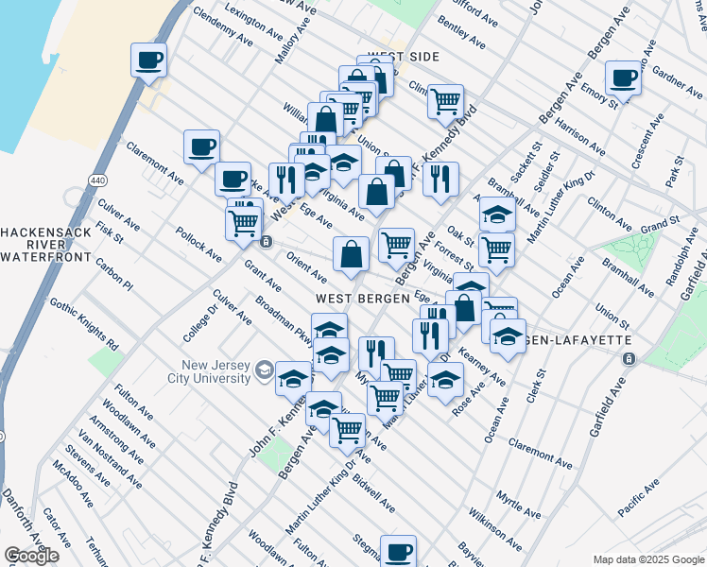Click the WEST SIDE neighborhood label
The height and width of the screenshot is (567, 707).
(x=404, y=57)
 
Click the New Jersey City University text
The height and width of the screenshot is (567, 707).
(x=197, y=372)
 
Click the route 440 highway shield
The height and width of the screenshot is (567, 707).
(x=100, y=179)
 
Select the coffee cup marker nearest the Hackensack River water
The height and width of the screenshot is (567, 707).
(x=148, y=60)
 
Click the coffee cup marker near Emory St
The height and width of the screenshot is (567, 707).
(x=623, y=77)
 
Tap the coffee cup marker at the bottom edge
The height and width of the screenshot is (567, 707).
(x=398, y=550)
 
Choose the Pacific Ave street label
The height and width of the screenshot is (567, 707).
(x=639, y=498)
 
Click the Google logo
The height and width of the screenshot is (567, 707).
(x=31, y=556)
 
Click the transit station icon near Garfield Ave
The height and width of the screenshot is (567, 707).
(x=629, y=359)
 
